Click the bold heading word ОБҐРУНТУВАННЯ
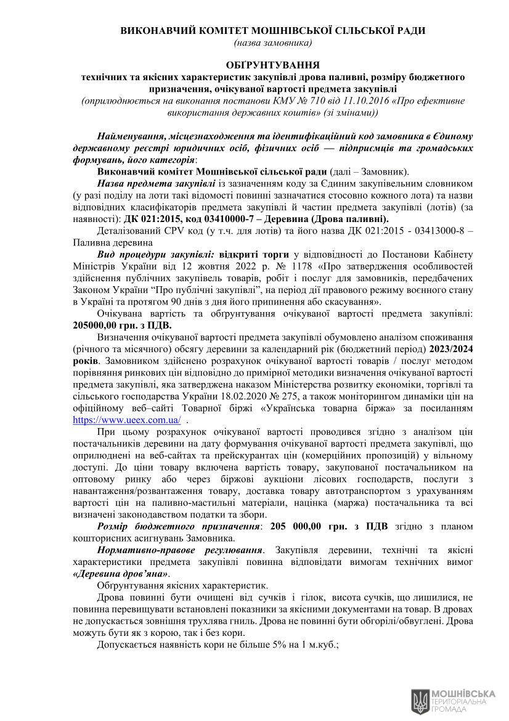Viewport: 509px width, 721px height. click(x=272, y=64)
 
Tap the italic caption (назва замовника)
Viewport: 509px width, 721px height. click(x=272, y=43)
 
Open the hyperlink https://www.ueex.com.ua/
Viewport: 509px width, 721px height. click(x=126, y=419)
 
